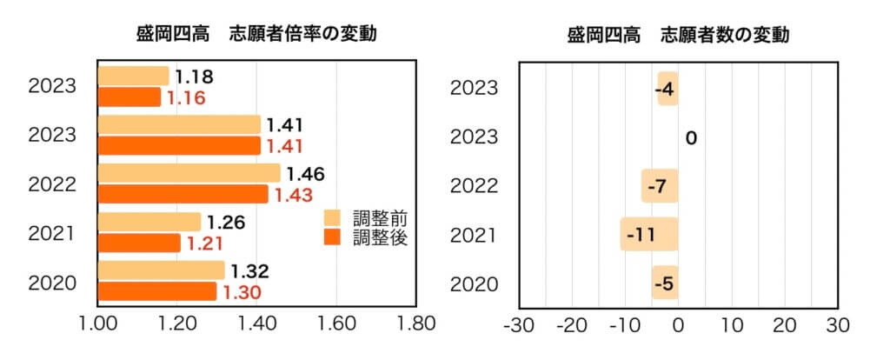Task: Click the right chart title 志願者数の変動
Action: click(678, 36)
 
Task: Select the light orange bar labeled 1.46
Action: click(189, 173)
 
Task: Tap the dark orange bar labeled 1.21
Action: click(139, 243)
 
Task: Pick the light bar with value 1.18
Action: click(133, 76)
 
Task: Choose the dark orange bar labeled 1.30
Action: click(156, 291)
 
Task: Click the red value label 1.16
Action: click(186, 97)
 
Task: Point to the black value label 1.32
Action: click(249, 271)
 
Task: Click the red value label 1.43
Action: click(293, 195)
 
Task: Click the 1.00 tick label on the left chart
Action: click(97, 325)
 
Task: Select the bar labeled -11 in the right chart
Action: click(649, 235)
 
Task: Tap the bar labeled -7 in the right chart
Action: click(660, 186)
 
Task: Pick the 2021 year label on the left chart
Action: click(51, 234)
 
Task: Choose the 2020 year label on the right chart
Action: click(474, 283)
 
